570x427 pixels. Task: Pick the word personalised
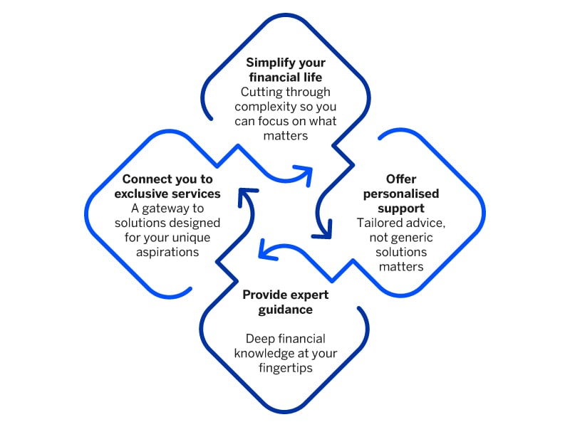coord(401,193)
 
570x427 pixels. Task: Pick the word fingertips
coord(285,368)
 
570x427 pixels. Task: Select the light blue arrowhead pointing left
coord(265,250)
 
